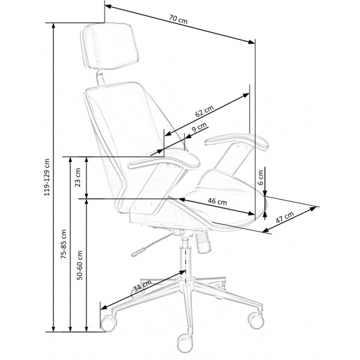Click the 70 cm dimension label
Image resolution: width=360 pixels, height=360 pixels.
[179, 19]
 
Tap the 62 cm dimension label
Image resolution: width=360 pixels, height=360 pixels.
[205, 111]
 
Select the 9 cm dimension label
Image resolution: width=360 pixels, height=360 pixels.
[199, 128]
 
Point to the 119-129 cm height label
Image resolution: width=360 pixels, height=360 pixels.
[47, 177]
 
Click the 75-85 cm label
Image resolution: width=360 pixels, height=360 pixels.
[63, 244]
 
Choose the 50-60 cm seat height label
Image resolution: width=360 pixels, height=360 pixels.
[79, 265]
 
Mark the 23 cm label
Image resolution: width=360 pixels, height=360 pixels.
[78, 177]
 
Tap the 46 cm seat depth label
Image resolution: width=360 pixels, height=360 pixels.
[217, 201]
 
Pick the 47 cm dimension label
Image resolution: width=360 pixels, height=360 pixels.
[285, 217]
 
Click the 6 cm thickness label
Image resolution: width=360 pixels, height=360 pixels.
[261, 177]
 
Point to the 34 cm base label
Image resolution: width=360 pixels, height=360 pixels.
[143, 286]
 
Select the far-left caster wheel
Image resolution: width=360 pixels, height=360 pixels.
[108, 323]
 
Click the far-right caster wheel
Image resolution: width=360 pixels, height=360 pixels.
[256, 320]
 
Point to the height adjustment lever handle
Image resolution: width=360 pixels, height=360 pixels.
[138, 252]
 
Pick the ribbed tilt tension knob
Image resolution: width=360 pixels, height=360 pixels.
[203, 242]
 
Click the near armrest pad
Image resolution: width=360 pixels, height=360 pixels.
[164, 159]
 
